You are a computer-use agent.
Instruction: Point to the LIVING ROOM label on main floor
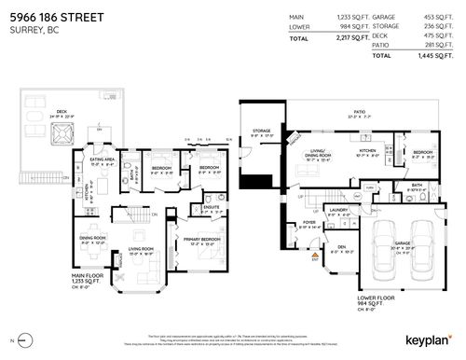click(x=141, y=249)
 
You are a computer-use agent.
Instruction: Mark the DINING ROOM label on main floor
click(x=90, y=238)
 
